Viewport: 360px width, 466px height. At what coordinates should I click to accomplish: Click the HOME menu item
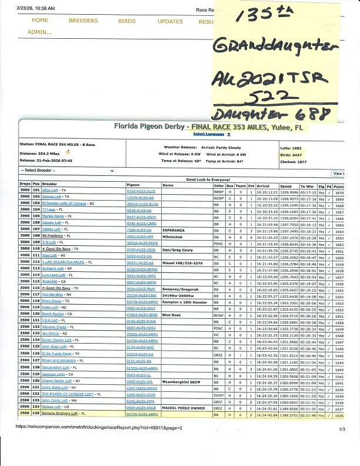point(39,21)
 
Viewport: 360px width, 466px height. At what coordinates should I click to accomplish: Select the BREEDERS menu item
point(83,21)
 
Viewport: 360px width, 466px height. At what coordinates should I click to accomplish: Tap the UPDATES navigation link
point(170,21)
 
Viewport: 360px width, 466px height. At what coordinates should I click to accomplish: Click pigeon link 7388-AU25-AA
point(139,231)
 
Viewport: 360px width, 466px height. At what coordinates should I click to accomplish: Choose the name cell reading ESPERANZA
point(173,231)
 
